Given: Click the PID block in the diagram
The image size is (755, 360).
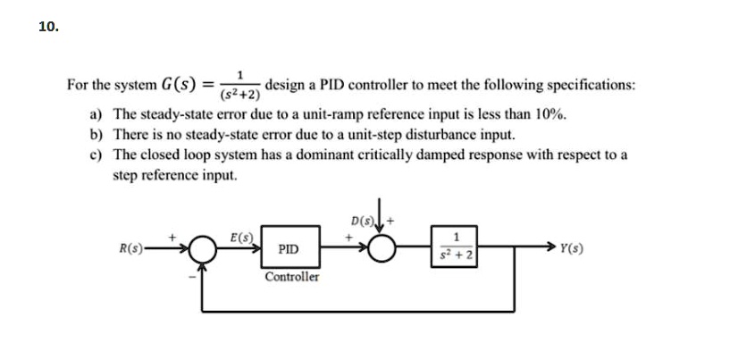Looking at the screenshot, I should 293,249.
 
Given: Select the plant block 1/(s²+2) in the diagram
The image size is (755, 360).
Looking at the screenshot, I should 457,248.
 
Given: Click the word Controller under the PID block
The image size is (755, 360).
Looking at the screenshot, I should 292,278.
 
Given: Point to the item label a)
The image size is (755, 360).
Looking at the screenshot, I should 95,115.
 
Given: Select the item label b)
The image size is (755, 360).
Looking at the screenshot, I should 95,135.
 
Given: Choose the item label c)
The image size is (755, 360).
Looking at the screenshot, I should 95,155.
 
